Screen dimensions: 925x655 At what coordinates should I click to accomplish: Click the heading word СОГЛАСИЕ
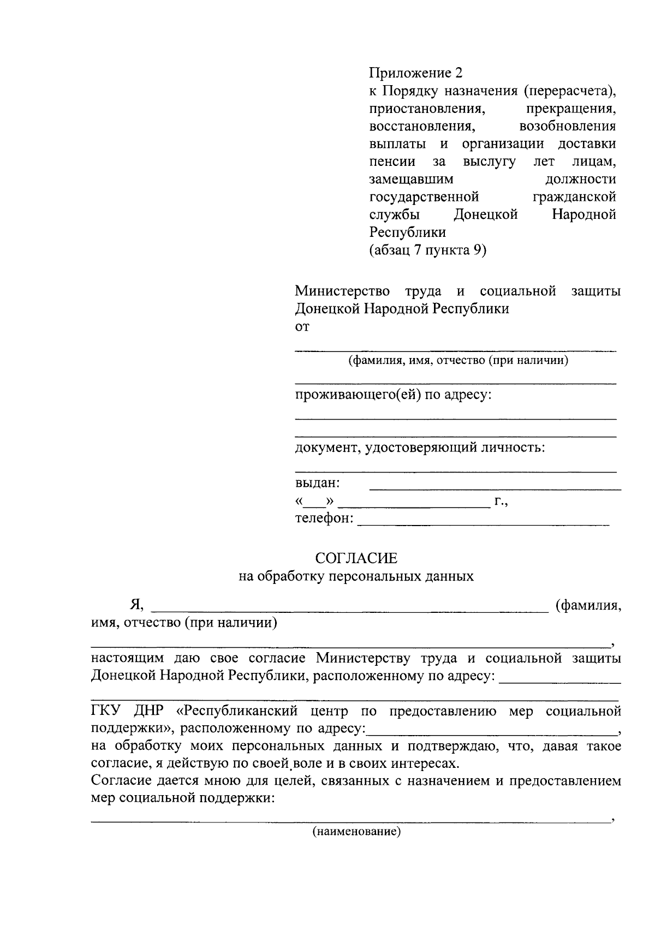pyautogui.click(x=356, y=558)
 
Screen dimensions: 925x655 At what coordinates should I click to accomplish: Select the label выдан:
pyautogui.click(x=318, y=483)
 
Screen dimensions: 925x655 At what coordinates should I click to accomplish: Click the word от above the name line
pyautogui.click(x=302, y=327)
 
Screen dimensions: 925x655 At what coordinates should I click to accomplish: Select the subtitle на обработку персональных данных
pyautogui.click(x=356, y=576)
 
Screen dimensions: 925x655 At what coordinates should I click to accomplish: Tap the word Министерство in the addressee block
pyautogui.click(x=342, y=291)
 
